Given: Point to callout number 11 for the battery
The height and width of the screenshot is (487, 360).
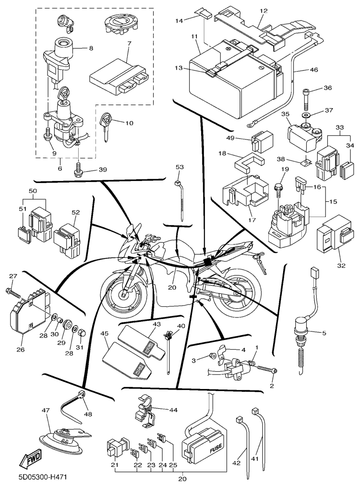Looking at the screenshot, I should (x=194, y=36).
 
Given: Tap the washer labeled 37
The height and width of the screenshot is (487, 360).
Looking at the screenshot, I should (x=305, y=115).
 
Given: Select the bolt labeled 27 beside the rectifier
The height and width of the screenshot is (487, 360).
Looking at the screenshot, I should (x=14, y=291).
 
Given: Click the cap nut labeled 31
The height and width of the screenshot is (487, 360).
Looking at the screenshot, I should (x=82, y=332).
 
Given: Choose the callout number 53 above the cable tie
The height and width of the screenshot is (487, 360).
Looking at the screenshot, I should (x=180, y=167).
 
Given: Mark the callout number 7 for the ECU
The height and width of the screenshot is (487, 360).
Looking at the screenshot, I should (x=129, y=44).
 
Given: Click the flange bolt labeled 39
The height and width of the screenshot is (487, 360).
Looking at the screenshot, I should (x=78, y=169).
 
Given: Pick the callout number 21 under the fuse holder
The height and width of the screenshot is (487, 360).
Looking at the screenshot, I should (x=114, y=465).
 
